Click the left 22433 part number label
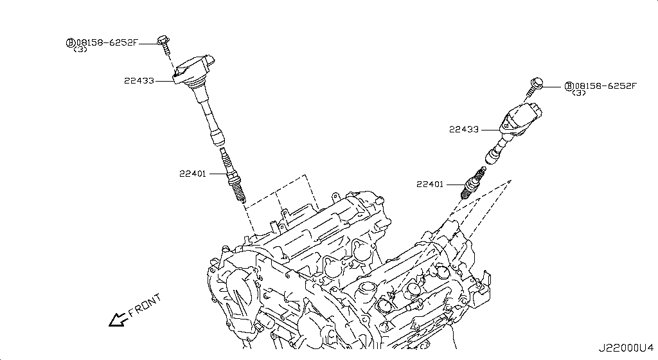139,80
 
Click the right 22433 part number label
464,130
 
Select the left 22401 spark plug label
193,174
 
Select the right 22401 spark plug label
430,184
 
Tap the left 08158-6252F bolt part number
107,42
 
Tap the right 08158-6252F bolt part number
605,86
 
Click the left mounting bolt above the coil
164,45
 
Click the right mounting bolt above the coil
536,86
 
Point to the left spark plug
232,174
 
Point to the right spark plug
473,183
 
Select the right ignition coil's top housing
520,118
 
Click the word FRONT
145,305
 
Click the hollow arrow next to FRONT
118,319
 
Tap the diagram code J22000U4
626,348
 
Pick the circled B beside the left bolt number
71,42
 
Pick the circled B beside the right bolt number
569,86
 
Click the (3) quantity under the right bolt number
579,93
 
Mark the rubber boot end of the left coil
217,138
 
